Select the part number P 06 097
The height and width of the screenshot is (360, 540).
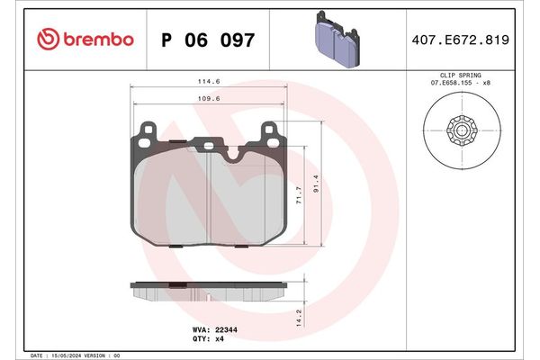[x=207, y=40]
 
